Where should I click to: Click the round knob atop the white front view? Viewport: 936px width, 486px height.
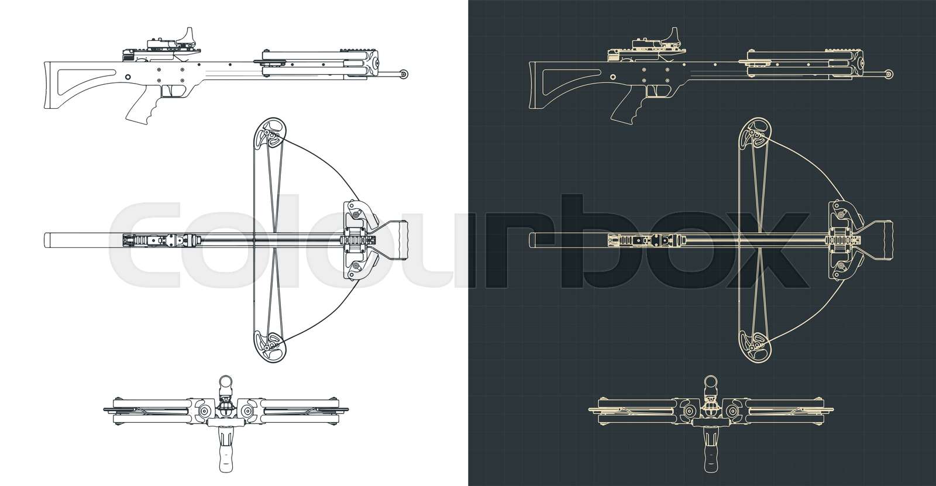click(225, 383)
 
